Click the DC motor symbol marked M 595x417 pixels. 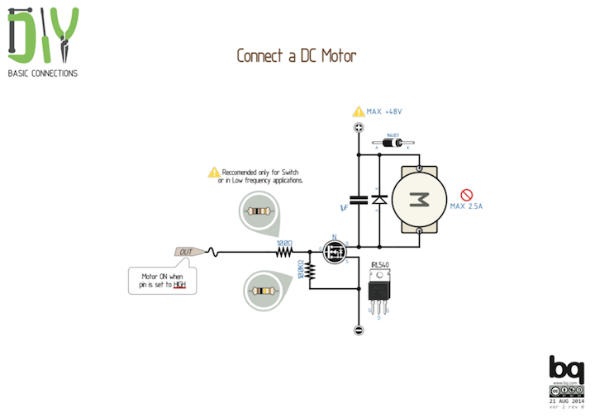coord(420,199)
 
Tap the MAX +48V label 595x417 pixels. coord(390,111)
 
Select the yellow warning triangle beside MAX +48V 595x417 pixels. coord(359,111)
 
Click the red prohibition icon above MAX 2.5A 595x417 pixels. coord(466,195)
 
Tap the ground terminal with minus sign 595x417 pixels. coord(359,330)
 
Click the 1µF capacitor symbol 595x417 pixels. coord(359,199)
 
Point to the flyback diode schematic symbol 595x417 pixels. coord(379,199)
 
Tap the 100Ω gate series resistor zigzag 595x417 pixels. coord(284,252)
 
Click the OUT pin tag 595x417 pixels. coord(186,251)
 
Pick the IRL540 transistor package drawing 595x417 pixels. coord(378,293)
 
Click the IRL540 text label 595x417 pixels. coord(380,265)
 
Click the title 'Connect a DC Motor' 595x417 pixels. coord(297,56)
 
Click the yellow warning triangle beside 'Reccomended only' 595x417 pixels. coord(214,173)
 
